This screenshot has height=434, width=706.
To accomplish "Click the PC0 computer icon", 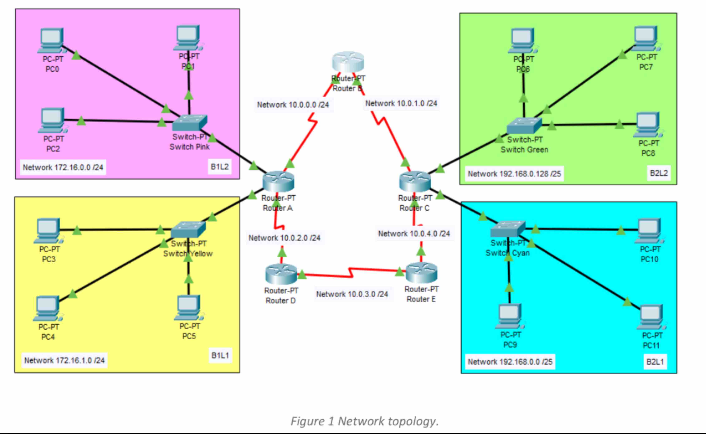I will (51, 40).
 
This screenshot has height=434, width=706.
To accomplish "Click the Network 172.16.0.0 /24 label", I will (63, 167).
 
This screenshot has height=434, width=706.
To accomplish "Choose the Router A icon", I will (278, 181).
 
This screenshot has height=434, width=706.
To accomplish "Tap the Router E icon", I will (421, 272).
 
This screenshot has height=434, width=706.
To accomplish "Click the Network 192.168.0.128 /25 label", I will (514, 174).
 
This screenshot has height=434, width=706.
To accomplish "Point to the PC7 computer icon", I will (646, 38).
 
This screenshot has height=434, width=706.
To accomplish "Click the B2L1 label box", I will (655, 362).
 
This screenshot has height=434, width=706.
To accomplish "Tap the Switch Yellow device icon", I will (188, 230).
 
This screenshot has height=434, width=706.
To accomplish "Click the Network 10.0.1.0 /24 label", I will (401, 103).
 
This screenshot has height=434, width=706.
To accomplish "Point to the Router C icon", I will (415, 181).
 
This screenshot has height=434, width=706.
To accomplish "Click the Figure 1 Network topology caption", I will (364, 421).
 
